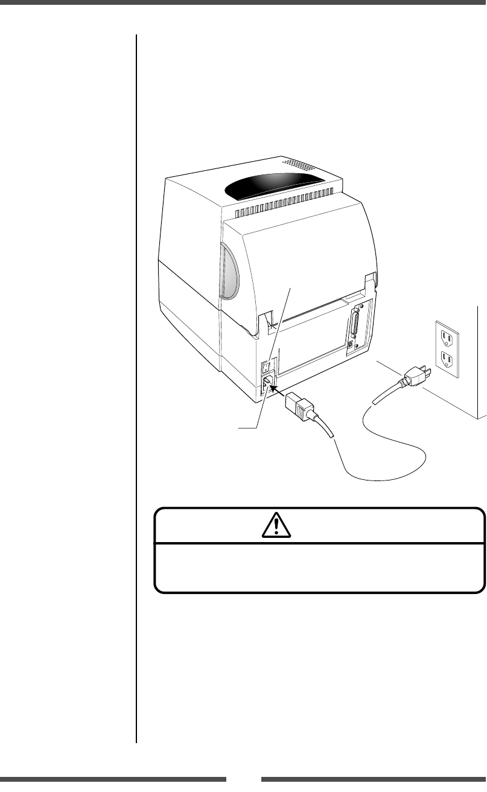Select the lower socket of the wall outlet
click(x=447, y=360)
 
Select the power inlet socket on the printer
click(x=266, y=383)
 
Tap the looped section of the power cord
click(x=386, y=459)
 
